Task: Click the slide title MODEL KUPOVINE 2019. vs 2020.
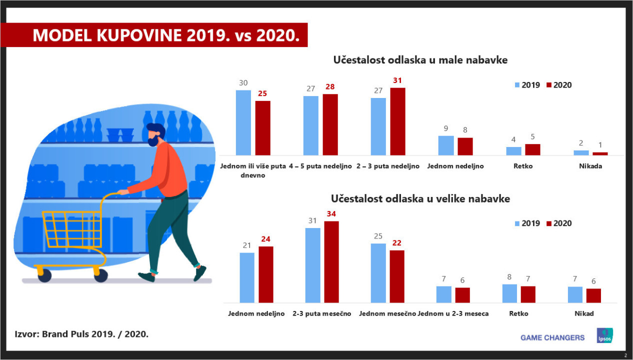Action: (x=162, y=35)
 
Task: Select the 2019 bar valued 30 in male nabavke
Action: (x=243, y=122)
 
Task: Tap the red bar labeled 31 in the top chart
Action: (x=397, y=121)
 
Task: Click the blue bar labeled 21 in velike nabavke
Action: (x=247, y=277)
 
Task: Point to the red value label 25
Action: (x=262, y=93)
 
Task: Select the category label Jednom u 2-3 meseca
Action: (x=453, y=313)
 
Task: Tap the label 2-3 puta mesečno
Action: (x=322, y=313)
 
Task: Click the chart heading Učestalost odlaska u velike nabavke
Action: (x=420, y=198)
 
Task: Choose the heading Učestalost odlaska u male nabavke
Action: (x=420, y=60)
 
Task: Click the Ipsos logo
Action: (x=605, y=335)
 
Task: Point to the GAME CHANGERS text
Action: (x=552, y=337)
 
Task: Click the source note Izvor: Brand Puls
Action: (x=81, y=333)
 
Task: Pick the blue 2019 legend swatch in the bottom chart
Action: (x=517, y=223)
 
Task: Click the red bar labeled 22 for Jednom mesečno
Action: (x=396, y=276)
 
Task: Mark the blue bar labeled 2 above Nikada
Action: (x=581, y=152)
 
